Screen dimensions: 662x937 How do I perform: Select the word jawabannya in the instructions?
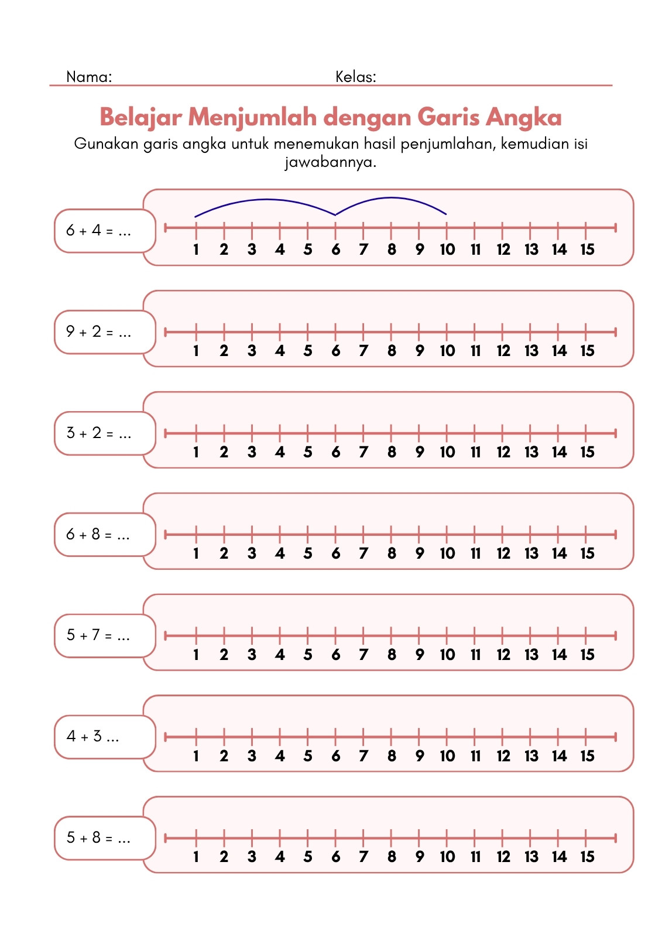330,162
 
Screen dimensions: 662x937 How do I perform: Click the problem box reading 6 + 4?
105,231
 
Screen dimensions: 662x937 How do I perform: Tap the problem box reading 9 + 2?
105,332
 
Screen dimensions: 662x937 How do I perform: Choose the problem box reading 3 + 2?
105,433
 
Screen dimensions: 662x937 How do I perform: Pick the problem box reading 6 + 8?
105,535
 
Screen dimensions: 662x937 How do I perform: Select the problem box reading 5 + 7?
105,636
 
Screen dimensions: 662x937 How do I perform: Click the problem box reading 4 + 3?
105,737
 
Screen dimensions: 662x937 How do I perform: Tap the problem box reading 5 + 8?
105,838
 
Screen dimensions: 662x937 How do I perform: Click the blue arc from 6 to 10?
392,198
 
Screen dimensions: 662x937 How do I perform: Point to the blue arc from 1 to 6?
266,200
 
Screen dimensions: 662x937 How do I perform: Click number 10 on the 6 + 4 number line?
447,249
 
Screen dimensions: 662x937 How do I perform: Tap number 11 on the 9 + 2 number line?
475,351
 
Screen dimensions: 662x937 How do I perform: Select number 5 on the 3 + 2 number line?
308,452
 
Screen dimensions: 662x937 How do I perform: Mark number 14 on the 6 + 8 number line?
559,553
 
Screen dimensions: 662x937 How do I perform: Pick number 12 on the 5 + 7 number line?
503,655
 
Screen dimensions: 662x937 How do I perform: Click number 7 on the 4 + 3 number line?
363,756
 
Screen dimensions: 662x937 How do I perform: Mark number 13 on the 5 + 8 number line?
531,857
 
